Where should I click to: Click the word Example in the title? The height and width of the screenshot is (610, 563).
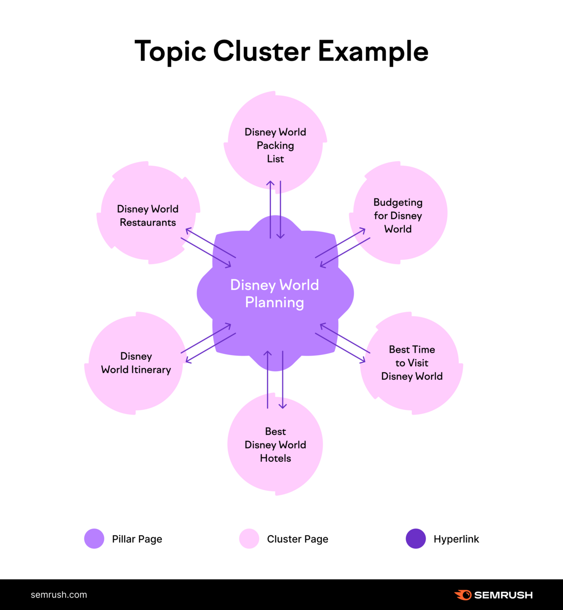pyautogui.click(x=373, y=51)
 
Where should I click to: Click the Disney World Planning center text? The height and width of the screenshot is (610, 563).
pyautogui.click(x=275, y=294)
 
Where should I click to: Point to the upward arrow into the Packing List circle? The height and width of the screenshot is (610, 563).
pyautogui.click(x=270, y=184)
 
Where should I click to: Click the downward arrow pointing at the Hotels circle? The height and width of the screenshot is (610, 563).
pyautogui.click(x=282, y=406)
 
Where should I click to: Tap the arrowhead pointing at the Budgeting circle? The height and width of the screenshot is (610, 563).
pyautogui.click(x=363, y=231)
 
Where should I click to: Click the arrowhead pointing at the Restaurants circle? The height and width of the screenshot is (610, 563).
pyautogui.click(x=188, y=230)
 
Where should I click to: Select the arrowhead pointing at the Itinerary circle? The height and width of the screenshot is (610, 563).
pyautogui.click(x=188, y=361)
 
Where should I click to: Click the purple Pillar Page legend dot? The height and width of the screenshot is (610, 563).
pyautogui.click(x=94, y=539)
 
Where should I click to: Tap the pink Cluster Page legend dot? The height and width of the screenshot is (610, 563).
pyautogui.click(x=249, y=539)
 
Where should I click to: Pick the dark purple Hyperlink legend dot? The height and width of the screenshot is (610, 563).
pyautogui.click(x=416, y=539)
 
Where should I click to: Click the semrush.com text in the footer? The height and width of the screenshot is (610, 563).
pyautogui.click(x=59, y=595)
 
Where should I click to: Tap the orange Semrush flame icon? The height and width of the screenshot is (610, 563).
pyautogui.click(x=463, y=595)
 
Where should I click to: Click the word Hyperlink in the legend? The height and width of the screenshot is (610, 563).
pyautogui.click(x=456, y=539)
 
